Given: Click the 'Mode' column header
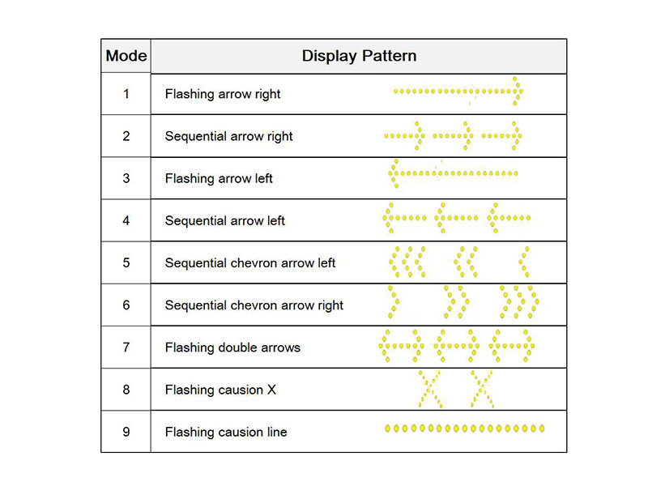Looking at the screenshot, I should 126,56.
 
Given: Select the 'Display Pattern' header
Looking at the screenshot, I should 359,56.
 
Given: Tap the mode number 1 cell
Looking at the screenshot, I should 126,93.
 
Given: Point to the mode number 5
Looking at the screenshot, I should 126,262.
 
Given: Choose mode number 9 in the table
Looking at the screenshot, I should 126,432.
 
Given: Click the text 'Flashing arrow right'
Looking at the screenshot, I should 223,94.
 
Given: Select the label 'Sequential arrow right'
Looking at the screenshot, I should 229,136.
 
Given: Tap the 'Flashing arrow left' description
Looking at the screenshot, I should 219,178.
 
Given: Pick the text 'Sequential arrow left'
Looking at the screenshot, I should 225,220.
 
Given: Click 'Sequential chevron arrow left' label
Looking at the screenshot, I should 250,263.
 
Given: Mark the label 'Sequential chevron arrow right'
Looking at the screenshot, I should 254,305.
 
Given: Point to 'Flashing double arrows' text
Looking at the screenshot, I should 232,347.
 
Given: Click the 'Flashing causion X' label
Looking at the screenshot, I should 220,390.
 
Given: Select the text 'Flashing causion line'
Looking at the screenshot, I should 226,432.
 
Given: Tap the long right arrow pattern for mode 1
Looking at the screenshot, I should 458,92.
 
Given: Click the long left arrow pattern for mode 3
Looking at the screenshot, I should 453,173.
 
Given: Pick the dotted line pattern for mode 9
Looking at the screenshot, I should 465,427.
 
